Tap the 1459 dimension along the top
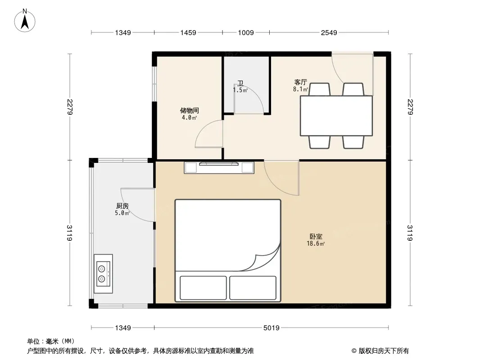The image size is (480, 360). coord(188,32)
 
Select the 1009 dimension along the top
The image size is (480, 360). coord(246,32)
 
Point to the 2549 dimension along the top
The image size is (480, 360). coord(329,32)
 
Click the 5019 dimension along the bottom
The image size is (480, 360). coord(271,328)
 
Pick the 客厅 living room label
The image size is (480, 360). coord(301,82)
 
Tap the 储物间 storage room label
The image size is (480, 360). coord(190,110)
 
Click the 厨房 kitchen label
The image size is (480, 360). coord(122,206)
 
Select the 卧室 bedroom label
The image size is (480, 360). coord(316,236)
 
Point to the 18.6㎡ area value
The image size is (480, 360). coord(316,243)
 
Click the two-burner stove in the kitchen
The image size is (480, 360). coord(103,274)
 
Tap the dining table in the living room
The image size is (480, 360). coord(336,116)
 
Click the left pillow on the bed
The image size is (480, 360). coord(203,288)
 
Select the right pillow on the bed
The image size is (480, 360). coord(253,288)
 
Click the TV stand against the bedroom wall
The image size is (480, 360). coord(219,167)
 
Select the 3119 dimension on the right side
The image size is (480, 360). coord(410,233)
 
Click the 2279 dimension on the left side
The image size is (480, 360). coord(70,107)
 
